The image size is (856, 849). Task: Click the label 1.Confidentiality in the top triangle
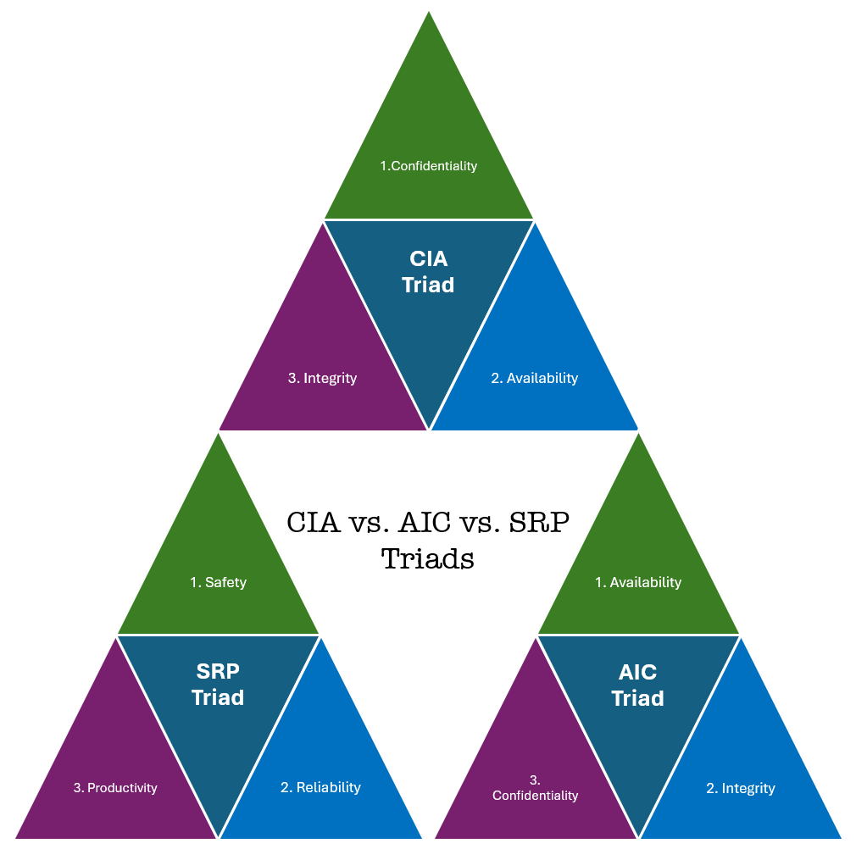point(428,166)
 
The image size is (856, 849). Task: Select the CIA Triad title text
point(428,271)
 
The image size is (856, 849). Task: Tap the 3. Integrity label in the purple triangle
point(322,378)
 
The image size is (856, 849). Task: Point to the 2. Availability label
point(534,378)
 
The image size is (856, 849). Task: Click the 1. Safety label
point(218,582)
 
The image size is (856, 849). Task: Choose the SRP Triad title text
point(218,685)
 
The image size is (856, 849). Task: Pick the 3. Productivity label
point(115,788)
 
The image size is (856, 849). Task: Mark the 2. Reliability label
point(320,788)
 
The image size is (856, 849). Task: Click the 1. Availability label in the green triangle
point(637,582)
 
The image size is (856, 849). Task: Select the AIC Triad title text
point(637,685)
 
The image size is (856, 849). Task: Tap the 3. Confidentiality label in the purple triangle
point(535,788)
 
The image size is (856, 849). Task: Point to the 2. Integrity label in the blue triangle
point(740,789)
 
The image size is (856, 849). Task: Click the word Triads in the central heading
point(427,558)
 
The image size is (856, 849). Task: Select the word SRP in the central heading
point(538,523)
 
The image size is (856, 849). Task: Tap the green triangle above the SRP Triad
point(218,551)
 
